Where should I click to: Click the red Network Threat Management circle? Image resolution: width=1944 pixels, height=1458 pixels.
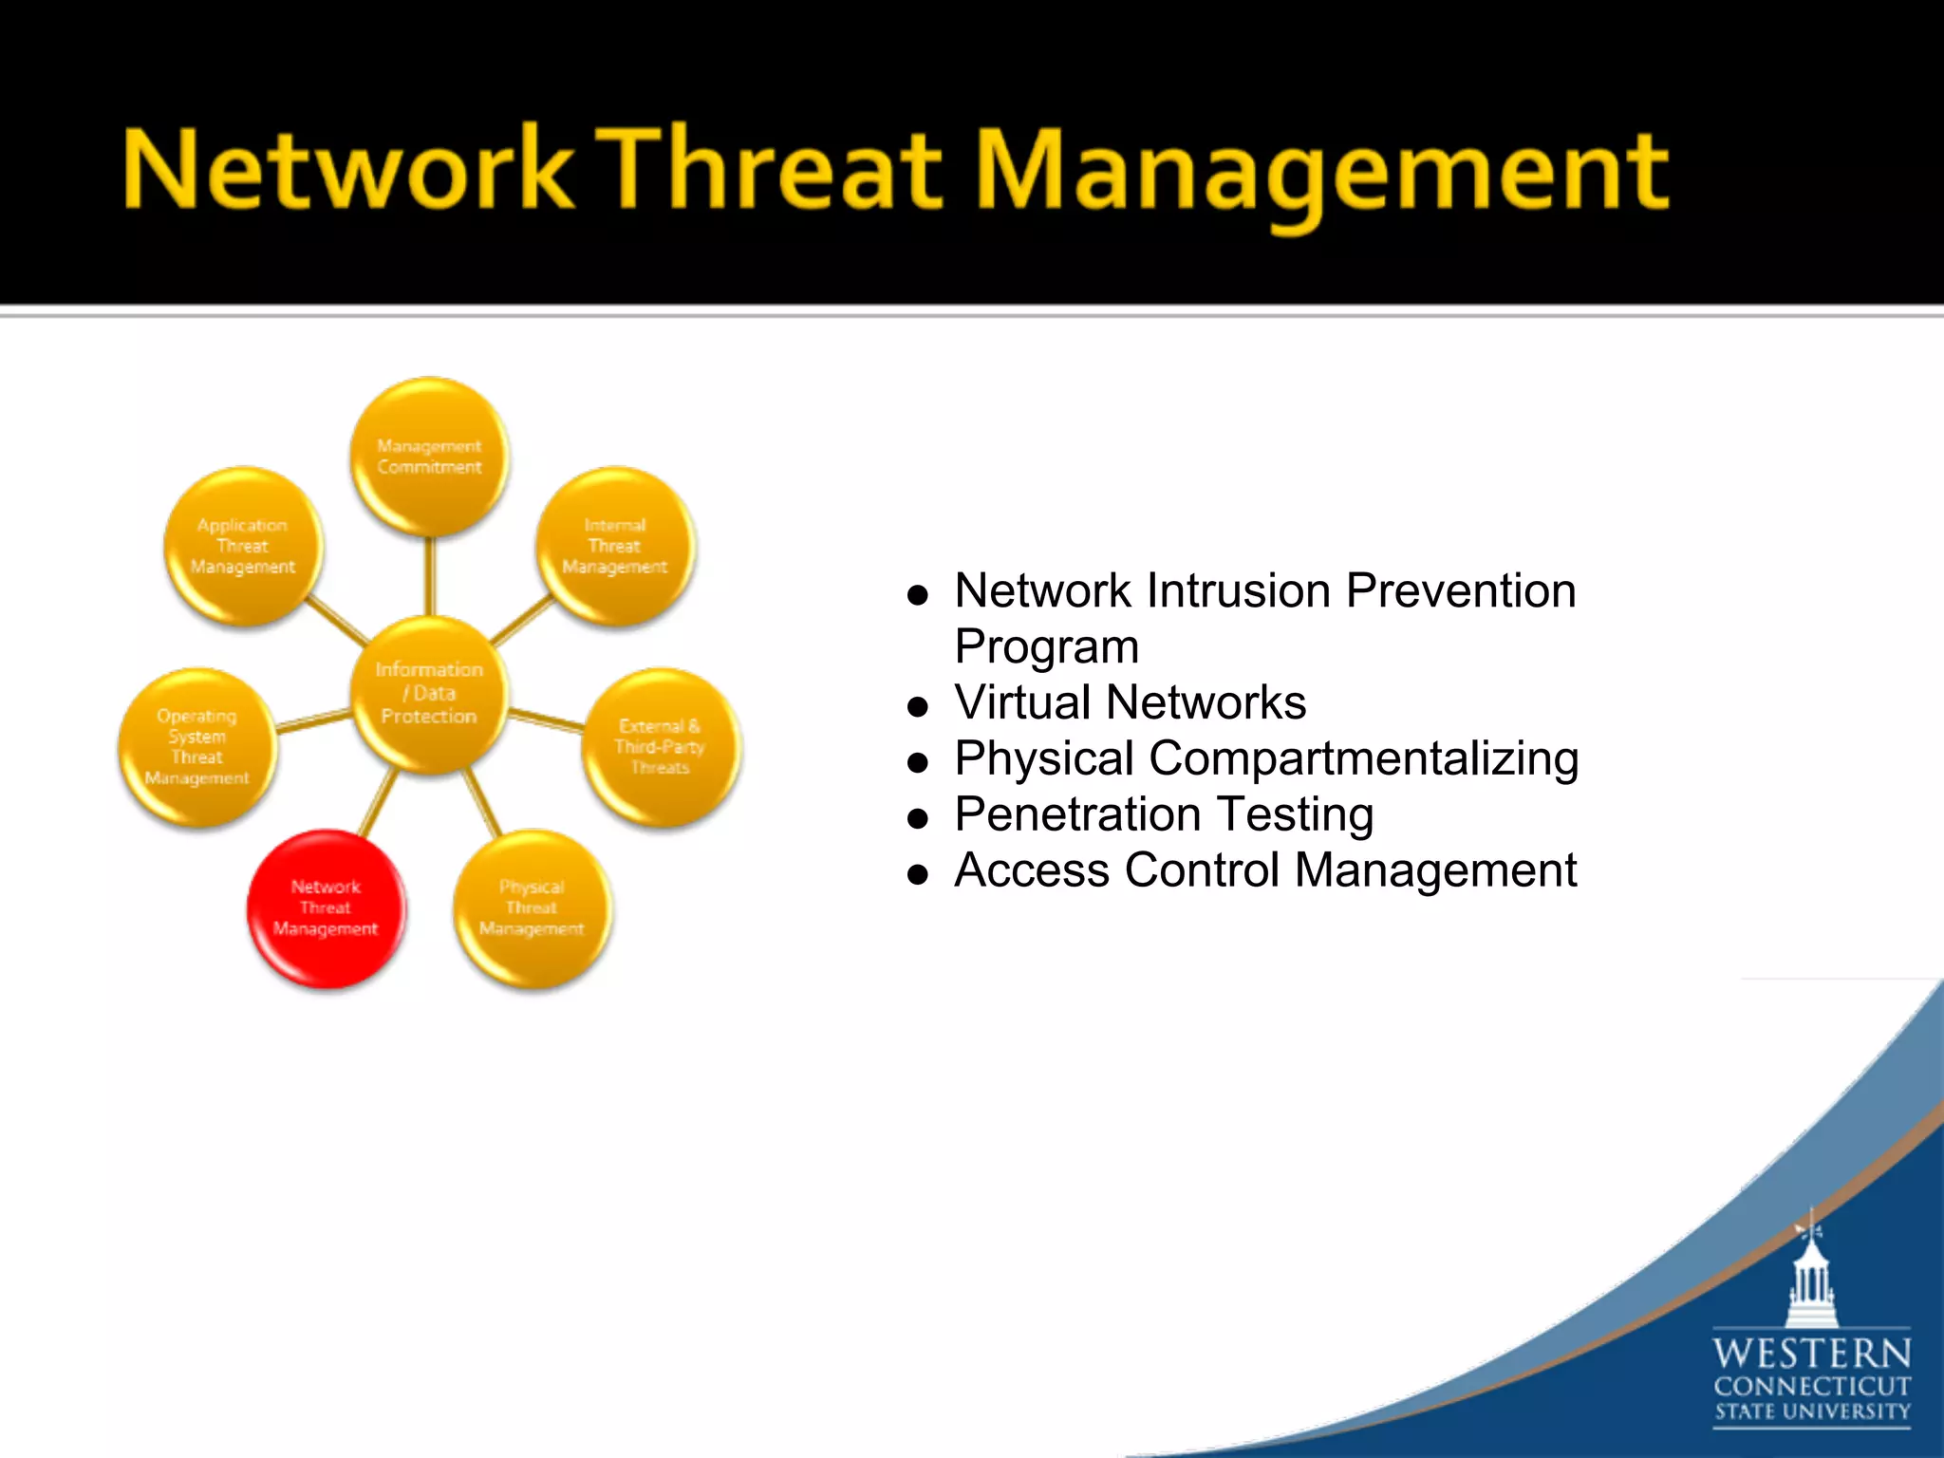click(x=326, y=908)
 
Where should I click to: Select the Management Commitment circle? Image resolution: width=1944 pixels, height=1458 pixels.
click(x=429, y=457)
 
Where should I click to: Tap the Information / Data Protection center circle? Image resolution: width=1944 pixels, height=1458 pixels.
click(x=429, y=693)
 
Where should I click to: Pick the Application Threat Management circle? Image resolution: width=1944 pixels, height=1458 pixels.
click(x=243, y=546)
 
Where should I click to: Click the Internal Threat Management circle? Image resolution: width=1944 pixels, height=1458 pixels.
click(x=615, y=546)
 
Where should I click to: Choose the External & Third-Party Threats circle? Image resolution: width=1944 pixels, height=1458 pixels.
click(x=661, y=747)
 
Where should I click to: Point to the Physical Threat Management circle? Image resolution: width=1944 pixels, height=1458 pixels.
click(x=532, y=908)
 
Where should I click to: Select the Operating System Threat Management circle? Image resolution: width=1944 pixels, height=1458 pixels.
click(x=197, y=747)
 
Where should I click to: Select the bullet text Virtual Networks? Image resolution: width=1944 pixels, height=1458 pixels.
click(x=1130, y=702)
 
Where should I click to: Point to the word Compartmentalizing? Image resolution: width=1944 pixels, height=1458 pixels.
click(x=1363, y=758)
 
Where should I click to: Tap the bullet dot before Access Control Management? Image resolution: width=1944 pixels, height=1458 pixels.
click(x=917, y=874)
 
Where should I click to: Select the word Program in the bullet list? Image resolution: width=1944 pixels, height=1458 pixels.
click(x=1046, y=647)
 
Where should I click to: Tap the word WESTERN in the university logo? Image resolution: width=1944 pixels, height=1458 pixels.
click(x=1811, y=1352)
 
